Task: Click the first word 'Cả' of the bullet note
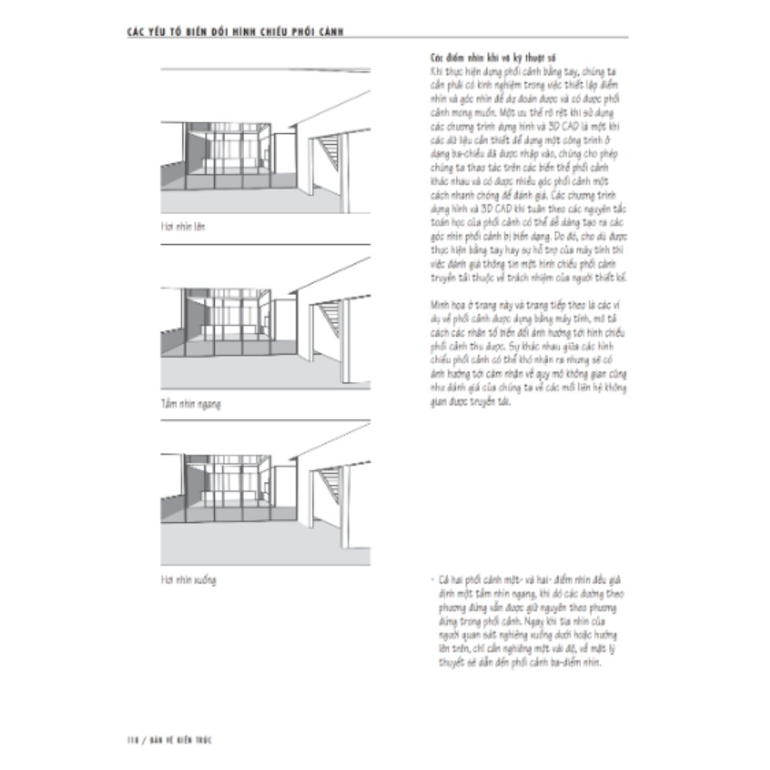(x=440, y=577)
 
